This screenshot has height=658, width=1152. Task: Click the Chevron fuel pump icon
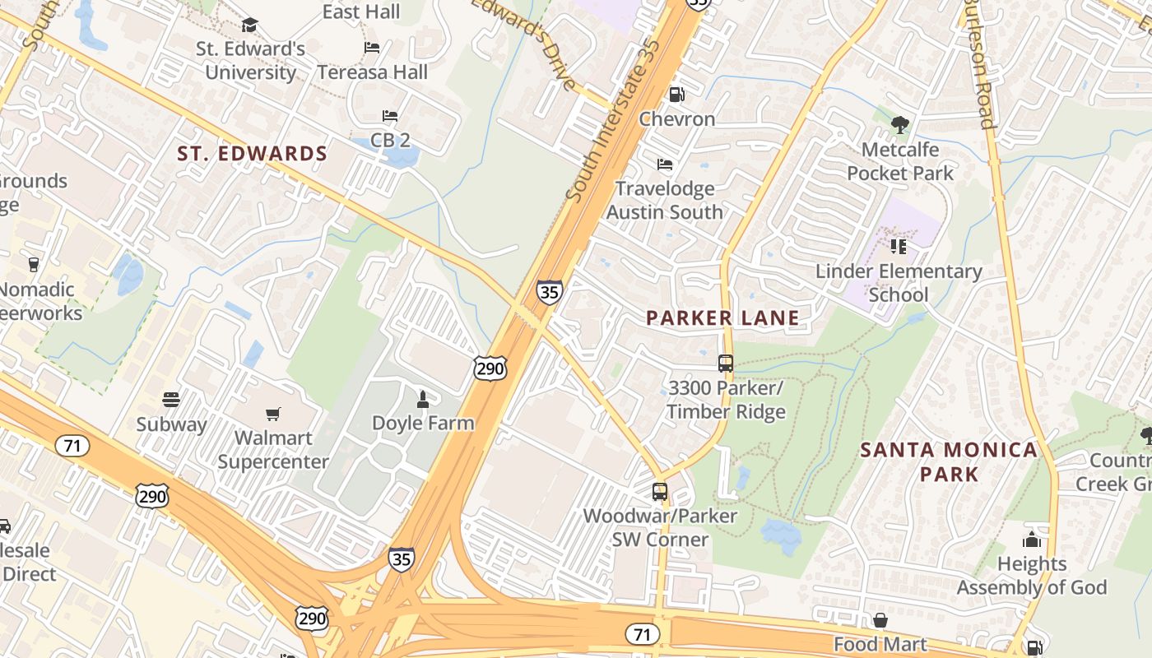[676, 95]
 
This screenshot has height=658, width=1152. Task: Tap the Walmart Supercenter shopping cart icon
[272, 414]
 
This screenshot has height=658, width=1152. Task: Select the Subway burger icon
[171, 400]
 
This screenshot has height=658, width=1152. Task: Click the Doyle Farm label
[423, 424]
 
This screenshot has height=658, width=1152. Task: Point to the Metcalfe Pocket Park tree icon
[900, 125]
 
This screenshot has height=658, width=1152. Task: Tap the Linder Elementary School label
[899, 283]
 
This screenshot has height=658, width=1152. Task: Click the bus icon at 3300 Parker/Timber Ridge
[725, 363]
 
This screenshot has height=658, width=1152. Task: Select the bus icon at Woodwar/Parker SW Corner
[659, 492]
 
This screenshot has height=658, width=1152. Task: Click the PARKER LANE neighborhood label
[722, 318]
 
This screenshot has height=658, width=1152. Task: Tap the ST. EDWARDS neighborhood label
[253, 154]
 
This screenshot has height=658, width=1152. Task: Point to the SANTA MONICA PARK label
[949, 461]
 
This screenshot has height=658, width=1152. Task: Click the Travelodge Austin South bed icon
[665, 164]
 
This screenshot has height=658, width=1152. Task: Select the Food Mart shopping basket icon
[880, 620]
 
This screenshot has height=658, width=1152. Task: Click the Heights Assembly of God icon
[1031, 540]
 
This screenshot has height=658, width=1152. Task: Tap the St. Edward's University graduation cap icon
[249, 25]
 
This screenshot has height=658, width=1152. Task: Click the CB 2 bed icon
[390, 116]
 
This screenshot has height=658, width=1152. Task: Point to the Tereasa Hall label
[373, 72]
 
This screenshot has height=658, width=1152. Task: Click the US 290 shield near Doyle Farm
[490, 368]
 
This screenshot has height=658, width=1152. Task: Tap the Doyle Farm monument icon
[423, 400]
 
